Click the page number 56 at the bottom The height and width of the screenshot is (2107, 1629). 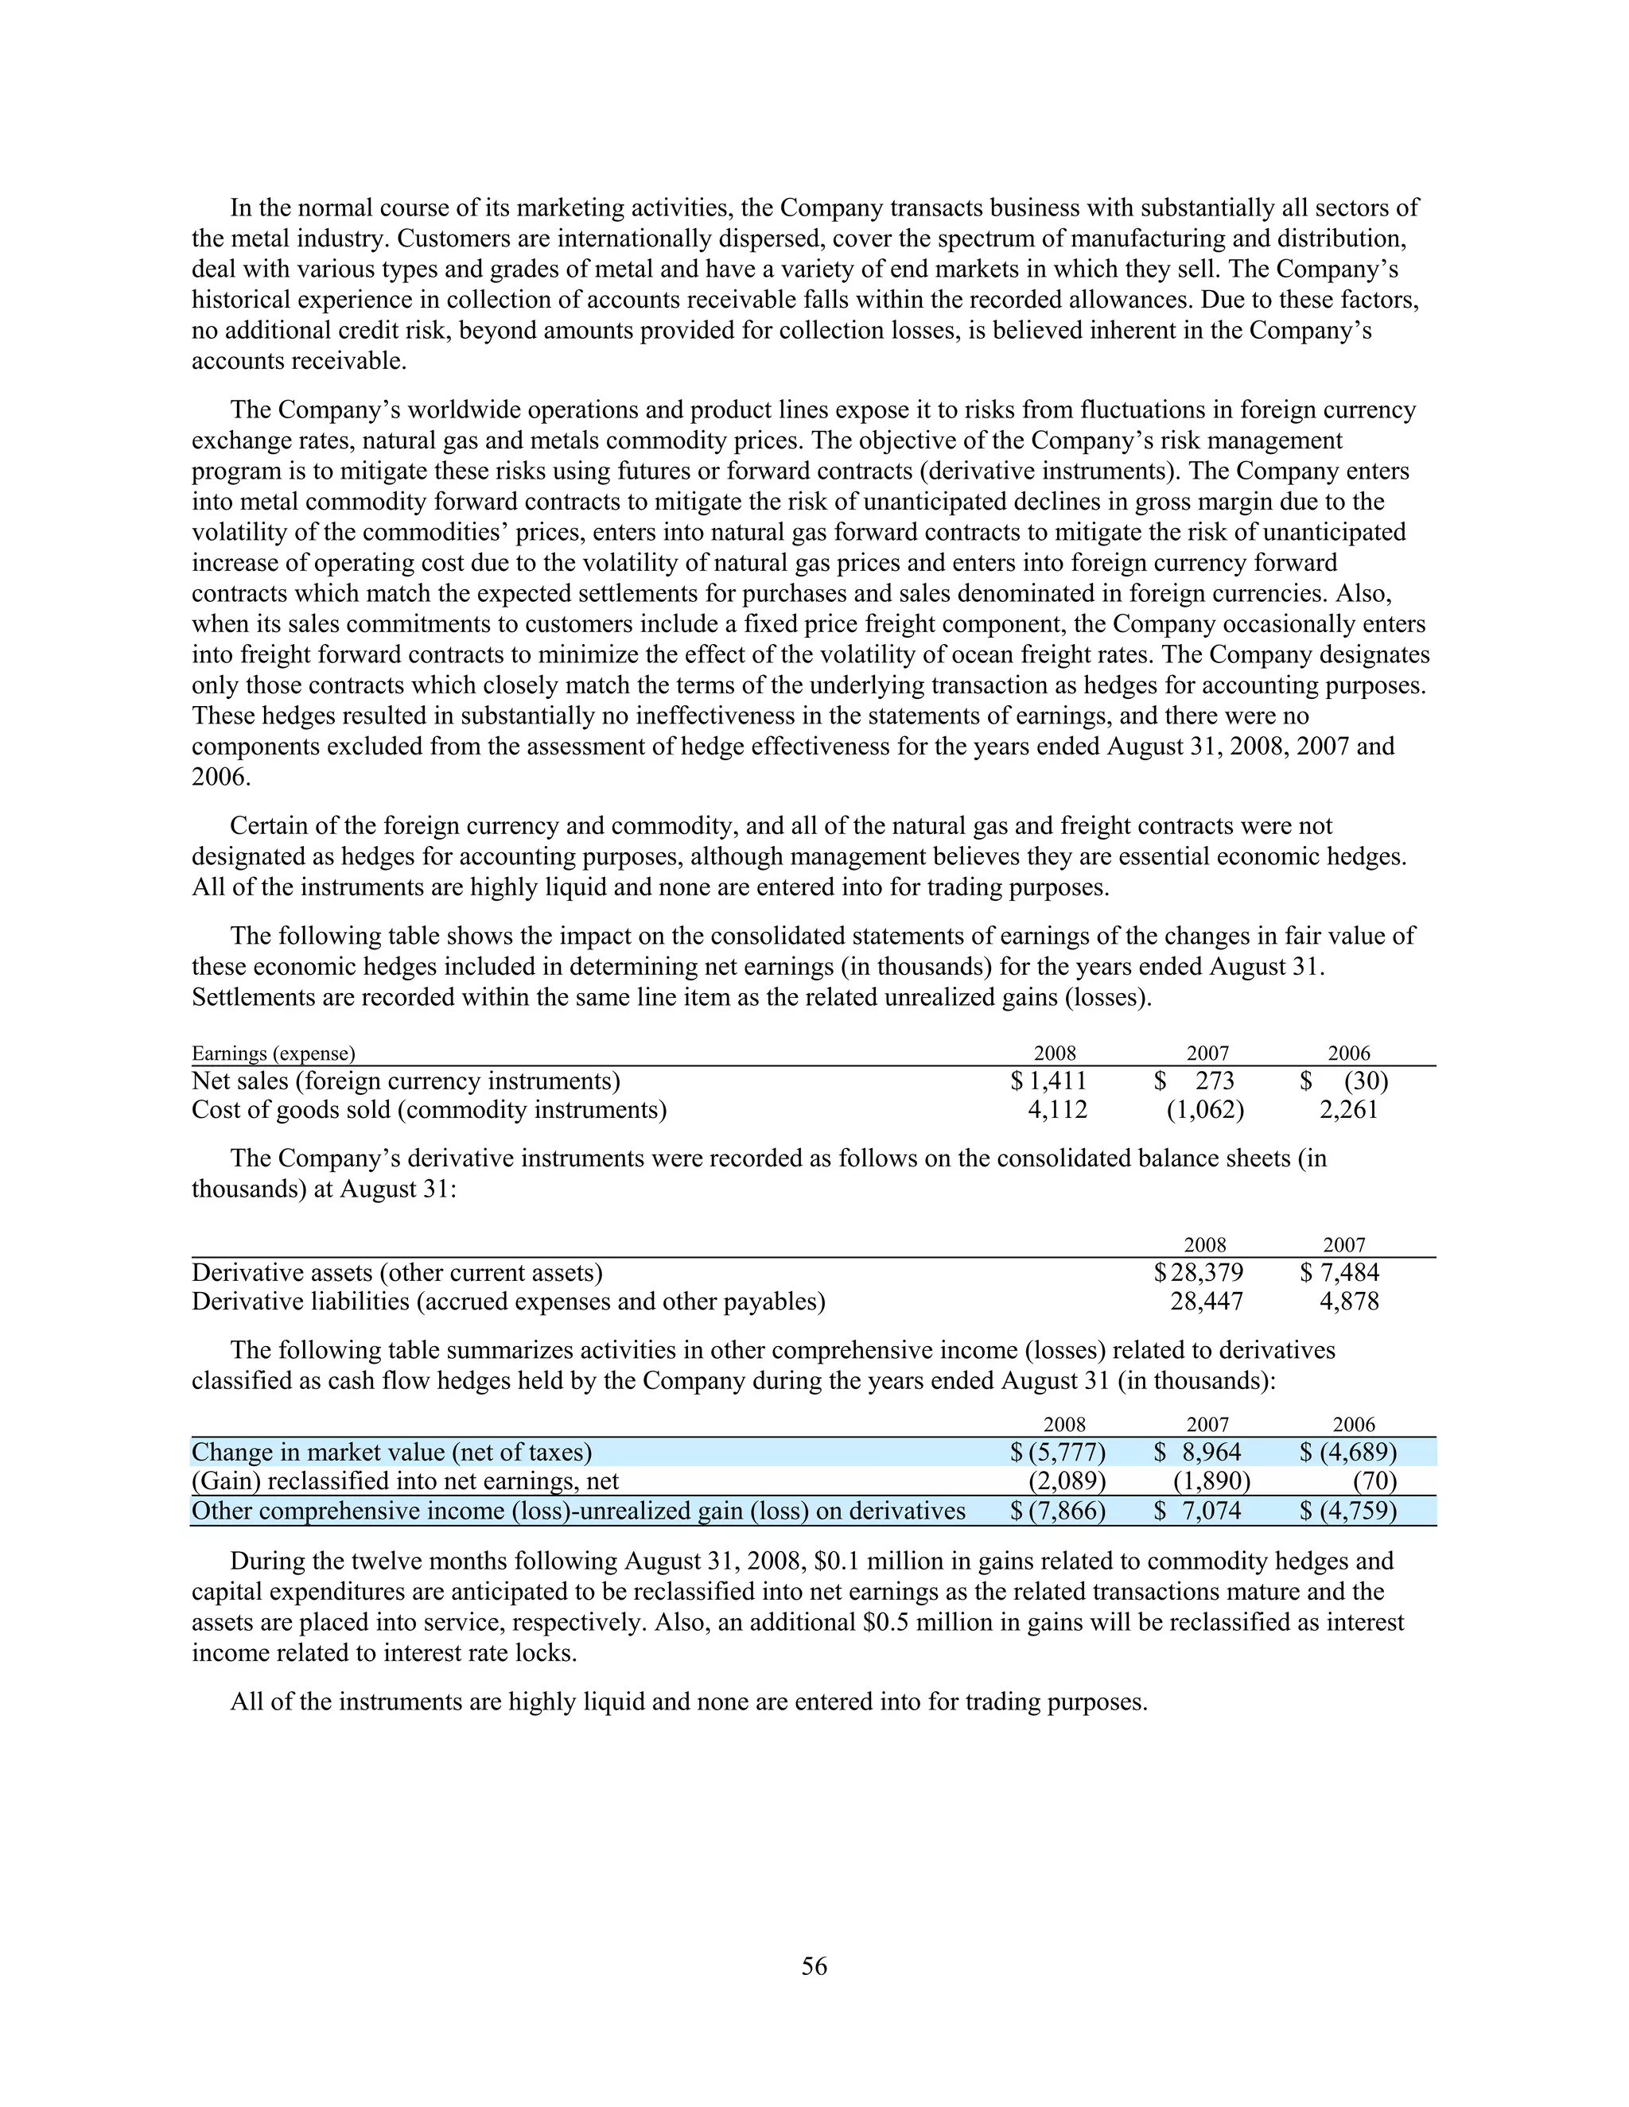point(814,1966)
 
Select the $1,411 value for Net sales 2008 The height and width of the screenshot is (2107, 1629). point(1048,1081)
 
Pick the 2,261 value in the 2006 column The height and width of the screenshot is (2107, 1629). point(1348,1109)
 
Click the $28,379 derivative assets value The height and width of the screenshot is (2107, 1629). point(1199,1272)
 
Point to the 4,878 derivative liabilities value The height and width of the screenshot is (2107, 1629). point(1349,1302)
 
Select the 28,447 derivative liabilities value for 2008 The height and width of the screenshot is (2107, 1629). point(1207,1302)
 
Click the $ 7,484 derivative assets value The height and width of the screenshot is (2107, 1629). point(1339,1272)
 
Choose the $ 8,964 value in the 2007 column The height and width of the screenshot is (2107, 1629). point(1198,1452)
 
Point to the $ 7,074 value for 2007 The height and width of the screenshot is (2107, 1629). point(1198,1510)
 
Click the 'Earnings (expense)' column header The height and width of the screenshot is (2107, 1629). point(273,1053)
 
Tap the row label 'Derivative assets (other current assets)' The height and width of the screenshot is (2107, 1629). point(397,1272)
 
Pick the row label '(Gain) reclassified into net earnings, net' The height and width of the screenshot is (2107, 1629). point(406,1481)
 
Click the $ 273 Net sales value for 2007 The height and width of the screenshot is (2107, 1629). point(1195,1081)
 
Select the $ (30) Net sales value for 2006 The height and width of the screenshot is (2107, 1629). point(1344,1081)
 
